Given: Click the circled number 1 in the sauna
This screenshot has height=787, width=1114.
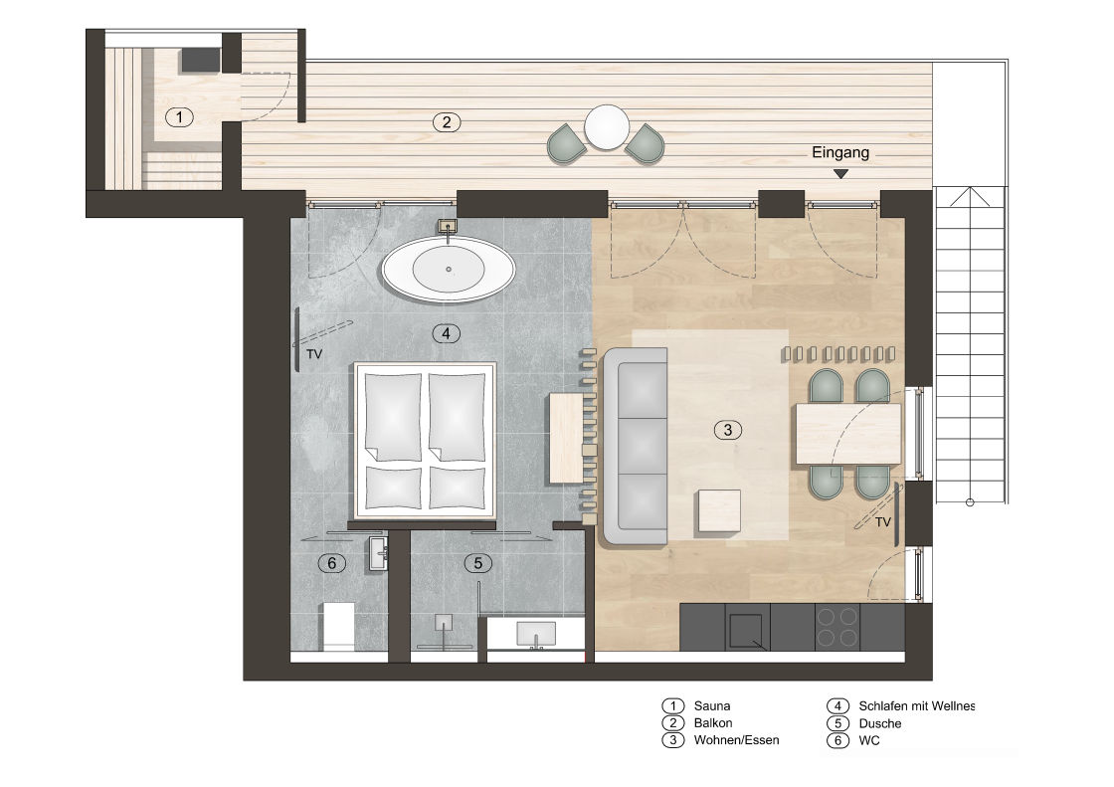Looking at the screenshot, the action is coord(179,117).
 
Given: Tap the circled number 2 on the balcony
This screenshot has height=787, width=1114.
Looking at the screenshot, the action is coord(447,122).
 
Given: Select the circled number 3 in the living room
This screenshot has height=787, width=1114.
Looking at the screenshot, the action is coord(727,430).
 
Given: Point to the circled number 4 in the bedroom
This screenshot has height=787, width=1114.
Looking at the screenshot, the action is coord(446,332).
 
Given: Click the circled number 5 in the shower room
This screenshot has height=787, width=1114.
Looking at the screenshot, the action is coord(477,563).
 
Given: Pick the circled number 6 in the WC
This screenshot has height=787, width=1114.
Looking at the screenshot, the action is coord(332,563).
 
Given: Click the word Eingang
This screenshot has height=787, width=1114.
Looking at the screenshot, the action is coord(840,152).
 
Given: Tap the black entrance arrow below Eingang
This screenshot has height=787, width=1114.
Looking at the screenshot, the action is coord(840,173).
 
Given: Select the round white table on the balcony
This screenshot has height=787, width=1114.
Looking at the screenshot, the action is coord(606,127).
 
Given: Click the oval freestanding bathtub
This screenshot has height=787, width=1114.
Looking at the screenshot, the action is coord(449,270).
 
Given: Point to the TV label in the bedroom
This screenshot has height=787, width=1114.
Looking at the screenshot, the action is coord(314,353).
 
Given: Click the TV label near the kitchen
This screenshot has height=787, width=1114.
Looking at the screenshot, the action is coord(882,522).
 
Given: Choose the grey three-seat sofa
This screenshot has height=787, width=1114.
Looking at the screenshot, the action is coord(636,446).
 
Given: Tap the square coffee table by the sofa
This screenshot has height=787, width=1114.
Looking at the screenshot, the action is coord(719,510).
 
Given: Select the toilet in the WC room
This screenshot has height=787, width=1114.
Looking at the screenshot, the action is coord(339,626).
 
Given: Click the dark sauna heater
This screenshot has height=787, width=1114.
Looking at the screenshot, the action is coord(200,60).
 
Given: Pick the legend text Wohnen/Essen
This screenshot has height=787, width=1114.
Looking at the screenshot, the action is coord(736,740).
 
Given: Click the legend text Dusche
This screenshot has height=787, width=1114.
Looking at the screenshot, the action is coord(879,723).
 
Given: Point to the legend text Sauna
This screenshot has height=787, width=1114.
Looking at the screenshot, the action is coord(712,706).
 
